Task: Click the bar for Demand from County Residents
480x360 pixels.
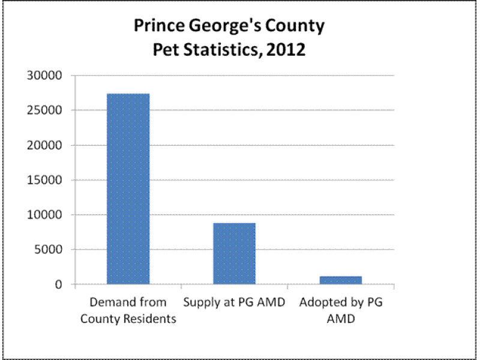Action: point(128,188)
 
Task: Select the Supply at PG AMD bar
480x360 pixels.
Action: point(234,253)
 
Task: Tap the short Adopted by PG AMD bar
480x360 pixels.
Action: point(340,280)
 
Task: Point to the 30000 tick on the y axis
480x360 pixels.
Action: point(49,76)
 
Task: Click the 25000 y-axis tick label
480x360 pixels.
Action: point(49,111)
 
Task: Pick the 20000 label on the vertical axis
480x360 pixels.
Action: point(49,146)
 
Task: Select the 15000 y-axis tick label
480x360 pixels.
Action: point(49,180)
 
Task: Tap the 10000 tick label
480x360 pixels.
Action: point(49,215)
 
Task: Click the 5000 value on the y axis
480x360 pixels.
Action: point(52,250)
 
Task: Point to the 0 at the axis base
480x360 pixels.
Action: point(59,284)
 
